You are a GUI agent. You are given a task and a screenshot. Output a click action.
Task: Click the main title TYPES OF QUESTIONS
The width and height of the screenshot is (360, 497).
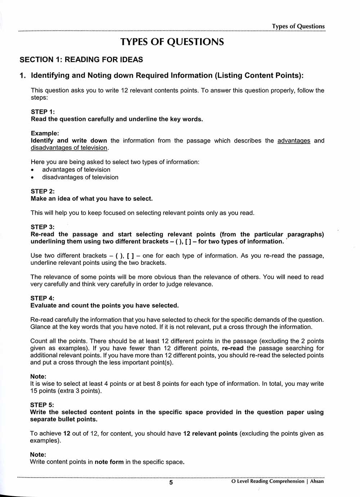172,42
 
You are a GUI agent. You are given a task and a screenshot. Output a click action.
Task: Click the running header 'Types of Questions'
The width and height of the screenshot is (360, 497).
298,26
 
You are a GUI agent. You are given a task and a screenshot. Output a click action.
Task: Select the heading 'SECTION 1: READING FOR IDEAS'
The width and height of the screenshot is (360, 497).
81,60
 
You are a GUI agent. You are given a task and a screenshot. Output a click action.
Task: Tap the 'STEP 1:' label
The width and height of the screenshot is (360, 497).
43,112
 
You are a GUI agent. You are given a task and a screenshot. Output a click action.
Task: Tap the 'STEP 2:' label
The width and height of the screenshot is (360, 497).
43,191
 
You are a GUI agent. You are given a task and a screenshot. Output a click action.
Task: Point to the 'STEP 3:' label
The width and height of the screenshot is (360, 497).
43,227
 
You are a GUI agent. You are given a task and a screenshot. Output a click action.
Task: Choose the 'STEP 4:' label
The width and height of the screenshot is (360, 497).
42,298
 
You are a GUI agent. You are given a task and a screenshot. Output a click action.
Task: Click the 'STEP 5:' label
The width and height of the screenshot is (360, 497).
42,405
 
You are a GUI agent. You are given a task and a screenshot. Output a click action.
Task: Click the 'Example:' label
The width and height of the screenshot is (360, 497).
45,134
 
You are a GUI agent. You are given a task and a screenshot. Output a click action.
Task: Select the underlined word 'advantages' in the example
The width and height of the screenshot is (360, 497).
294,141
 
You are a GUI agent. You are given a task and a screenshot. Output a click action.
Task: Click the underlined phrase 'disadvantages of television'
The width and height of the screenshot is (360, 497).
69,148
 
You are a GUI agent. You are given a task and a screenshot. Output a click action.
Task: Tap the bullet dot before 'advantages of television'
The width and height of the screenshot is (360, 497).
33,170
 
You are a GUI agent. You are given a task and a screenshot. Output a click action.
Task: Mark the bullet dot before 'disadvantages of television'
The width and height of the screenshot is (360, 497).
33,177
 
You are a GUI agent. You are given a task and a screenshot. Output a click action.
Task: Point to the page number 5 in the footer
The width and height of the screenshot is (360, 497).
171,482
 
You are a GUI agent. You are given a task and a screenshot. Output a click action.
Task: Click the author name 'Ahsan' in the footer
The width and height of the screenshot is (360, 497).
317,481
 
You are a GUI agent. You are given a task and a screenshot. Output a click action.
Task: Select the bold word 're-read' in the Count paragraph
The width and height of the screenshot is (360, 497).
233,348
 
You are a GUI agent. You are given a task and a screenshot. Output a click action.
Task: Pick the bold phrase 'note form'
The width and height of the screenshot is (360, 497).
109,462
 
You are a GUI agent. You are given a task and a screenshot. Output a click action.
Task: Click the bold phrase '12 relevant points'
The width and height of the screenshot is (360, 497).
210,434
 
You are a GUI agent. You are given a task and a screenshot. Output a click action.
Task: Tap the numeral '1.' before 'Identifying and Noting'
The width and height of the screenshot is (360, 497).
23,76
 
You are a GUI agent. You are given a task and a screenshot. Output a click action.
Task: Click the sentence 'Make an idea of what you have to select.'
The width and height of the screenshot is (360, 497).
92,199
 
